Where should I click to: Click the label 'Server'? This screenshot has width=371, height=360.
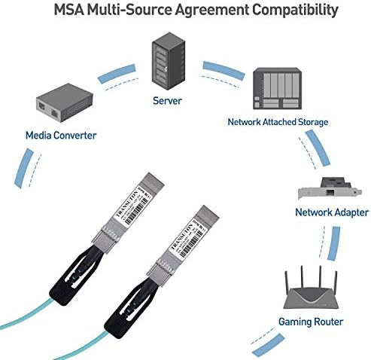pos(168,101)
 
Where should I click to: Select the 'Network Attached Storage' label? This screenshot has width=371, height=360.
pos(278,121)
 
